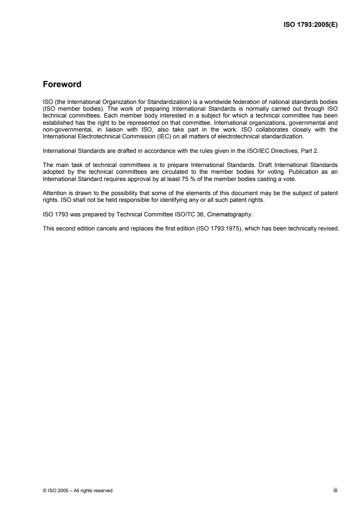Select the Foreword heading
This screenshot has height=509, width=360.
click(62, 84)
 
